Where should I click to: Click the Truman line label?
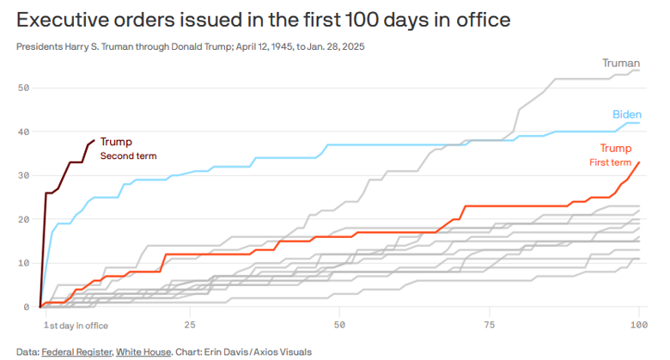click(621, 63)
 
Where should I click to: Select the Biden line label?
click(626, 114)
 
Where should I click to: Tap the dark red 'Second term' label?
click(129, 156)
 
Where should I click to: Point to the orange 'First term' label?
click(610, 162)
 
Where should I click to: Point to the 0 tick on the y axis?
click(26, 307)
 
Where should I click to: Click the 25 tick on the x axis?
click(190, 325)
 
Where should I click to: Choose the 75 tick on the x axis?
click(490, 325)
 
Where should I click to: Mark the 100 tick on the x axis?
click(637, 325)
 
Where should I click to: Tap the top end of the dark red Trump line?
click(94, 141)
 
